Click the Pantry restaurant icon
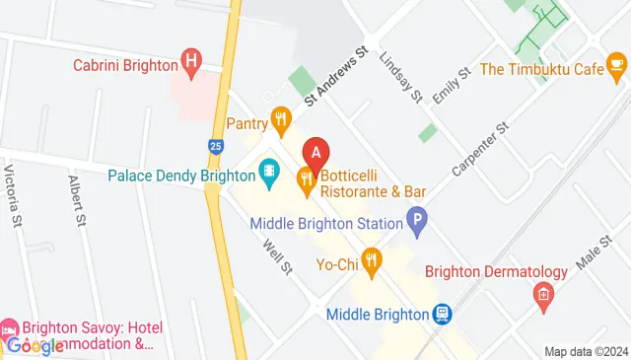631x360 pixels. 282,123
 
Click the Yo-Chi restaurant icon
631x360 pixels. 371,262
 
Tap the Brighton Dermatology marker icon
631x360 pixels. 542,293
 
